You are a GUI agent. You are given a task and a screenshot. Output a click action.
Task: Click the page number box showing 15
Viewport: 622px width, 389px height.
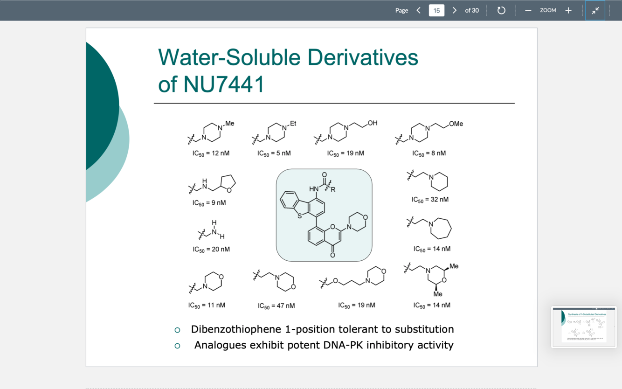point(436,10)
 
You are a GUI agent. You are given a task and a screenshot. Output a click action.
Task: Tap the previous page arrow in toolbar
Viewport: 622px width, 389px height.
point(419,10)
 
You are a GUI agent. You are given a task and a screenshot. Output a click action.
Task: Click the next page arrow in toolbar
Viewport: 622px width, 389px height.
point(454,10)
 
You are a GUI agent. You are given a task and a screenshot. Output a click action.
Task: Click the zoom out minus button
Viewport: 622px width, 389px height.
point(528,10)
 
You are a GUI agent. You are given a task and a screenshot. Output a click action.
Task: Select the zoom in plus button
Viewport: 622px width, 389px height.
point(568,10)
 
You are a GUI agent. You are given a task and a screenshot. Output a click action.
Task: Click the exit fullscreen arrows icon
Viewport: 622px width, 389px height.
point(595,10)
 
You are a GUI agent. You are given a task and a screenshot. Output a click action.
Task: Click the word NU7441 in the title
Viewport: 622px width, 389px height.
point(224,84)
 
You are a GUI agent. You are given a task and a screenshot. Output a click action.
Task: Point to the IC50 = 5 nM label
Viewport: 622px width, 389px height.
point(274,153)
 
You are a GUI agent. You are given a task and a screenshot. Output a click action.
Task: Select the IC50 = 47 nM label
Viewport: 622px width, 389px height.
point(276,306)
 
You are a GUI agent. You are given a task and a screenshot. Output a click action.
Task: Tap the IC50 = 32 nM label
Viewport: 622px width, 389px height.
point(430,200)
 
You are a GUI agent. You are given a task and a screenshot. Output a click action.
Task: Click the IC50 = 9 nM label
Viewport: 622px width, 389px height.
point(209,203)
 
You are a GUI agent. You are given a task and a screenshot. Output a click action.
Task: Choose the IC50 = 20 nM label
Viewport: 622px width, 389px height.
point(211,250)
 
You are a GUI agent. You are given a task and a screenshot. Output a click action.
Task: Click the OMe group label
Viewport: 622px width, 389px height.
point(456,124)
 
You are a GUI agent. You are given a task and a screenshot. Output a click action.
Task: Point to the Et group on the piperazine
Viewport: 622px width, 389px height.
point(293,124)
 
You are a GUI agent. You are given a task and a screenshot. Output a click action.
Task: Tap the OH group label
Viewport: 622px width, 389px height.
point(373,123)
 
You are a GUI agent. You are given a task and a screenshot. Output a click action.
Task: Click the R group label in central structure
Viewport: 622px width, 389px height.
point(333,190)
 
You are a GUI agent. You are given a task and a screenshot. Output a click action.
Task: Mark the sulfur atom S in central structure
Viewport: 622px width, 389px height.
point(299,216)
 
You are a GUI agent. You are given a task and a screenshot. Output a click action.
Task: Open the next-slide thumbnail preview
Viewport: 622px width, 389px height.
point(584,327)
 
